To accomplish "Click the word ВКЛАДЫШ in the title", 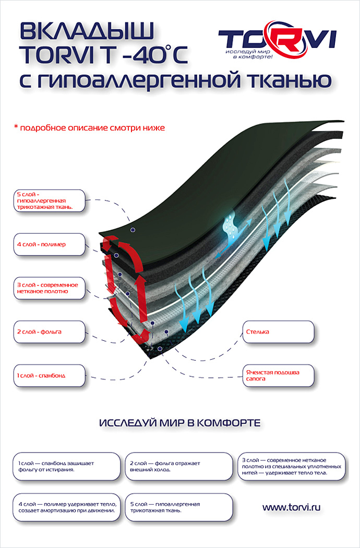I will coord(87,32).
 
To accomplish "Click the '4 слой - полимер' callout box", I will coord(49,244).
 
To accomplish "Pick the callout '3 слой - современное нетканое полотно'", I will coord(49,288).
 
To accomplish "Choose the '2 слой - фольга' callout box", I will coord(49,331).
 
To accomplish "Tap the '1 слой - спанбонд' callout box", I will coord(49,375).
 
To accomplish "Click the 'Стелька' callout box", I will coord(279,331).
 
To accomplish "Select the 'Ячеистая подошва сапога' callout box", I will coord(279,376).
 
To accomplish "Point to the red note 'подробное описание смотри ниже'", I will coord(89,127).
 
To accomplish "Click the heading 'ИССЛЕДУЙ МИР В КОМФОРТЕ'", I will coord(179,423).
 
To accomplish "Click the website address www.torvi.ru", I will coord(291,507).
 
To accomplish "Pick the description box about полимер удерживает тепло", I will coord(67,507).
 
